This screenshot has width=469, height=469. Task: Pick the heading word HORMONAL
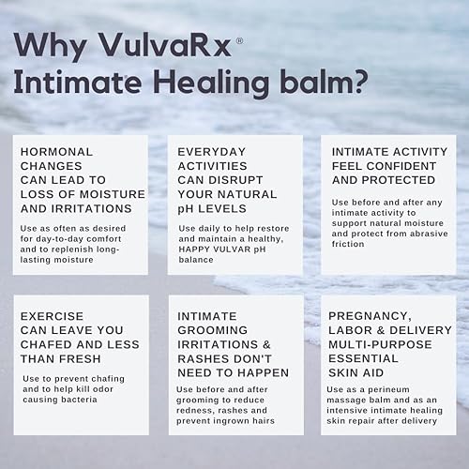click(x=56, y=151)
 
